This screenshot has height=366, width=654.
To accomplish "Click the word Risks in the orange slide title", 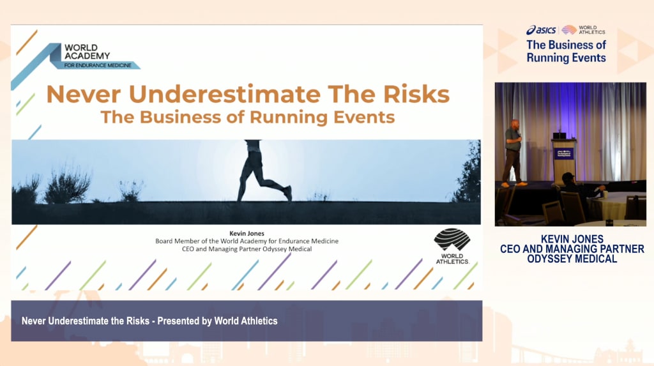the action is [x=416, y=94].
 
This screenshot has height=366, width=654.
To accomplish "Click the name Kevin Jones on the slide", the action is [x=247, y=234].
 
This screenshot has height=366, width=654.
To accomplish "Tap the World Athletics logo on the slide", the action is [x=453, y=246].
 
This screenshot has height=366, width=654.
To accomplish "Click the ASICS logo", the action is [x=541, y=30].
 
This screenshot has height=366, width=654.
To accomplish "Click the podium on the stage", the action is [x=564, y=161].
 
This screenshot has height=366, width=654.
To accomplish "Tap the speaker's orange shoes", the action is [x=513, y=184].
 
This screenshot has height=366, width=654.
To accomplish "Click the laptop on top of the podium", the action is [x=559, y=135].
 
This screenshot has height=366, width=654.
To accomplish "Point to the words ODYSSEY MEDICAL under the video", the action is [x=572, y=259].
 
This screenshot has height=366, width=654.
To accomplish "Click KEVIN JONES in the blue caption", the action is [x=572, y=239].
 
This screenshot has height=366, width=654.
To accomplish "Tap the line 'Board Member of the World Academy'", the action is [x=247, y=241].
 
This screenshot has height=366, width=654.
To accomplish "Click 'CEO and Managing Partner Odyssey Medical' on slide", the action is [x=247, y=249].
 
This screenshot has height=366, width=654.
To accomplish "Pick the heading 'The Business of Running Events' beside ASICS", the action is [x=566, y=51].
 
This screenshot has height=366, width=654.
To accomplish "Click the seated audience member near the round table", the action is [x=577, y=192].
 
